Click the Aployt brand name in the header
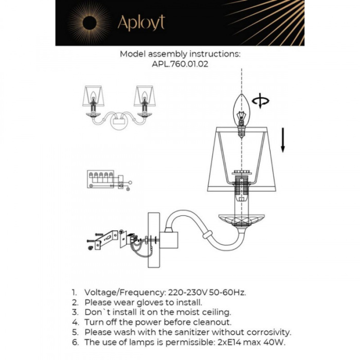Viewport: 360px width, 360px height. pos(140,23)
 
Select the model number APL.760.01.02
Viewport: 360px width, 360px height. pos(180,65)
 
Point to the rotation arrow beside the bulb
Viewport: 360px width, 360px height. pos(261,101)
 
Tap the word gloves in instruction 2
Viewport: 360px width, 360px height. pos(146,302)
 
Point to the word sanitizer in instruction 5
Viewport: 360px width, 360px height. pos(180,332)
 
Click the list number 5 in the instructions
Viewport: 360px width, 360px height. pos(74,332)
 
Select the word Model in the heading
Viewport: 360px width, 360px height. pos(132,54)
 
